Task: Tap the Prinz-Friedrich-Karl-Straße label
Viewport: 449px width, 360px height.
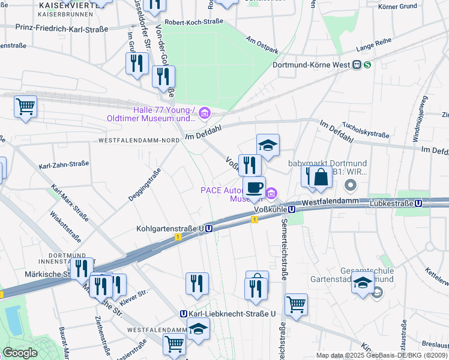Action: click(62, 29)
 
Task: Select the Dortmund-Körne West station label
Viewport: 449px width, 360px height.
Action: click(312, 65)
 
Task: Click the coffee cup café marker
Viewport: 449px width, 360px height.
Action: click(254, 187)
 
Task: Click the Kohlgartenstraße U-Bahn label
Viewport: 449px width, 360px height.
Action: click(170, 229)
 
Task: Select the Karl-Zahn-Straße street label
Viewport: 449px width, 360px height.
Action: click(64, 164)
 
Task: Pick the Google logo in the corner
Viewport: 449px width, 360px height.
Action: click(20, 353)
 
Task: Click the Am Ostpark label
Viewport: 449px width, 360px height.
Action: click(262, 44)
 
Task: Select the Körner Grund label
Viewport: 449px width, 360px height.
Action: click(414, 7)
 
